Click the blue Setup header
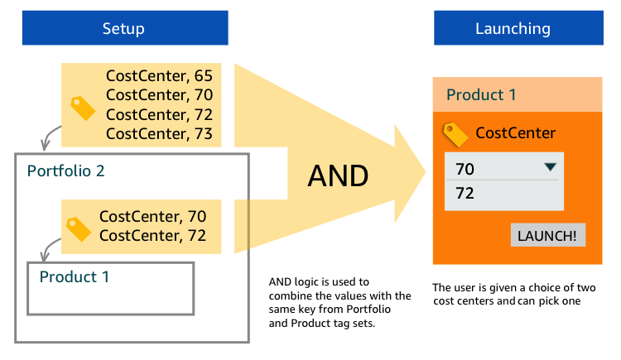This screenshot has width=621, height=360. (124, 28)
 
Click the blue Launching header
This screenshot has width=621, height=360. (513, 28)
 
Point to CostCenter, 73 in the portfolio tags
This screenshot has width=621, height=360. (159, 133)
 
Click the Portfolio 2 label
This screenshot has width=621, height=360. (66, 171)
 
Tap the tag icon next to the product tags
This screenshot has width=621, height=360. (78, 228)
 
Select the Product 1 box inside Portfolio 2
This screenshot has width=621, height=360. (110, 288)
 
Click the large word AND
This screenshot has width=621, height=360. (338, 175)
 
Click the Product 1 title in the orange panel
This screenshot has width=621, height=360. (481, 95)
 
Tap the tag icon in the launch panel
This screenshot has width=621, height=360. (456, 133)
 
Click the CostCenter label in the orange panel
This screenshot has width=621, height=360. (515, 133)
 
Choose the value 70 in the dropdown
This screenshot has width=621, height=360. (465, 170)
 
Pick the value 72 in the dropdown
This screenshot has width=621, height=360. (465, 194)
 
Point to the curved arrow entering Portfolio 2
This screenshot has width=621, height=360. (50, 135)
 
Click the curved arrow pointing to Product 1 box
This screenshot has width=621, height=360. (48, 247)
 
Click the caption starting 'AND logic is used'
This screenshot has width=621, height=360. (339, 302)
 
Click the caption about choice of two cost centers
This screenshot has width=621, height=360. (514, 294)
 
